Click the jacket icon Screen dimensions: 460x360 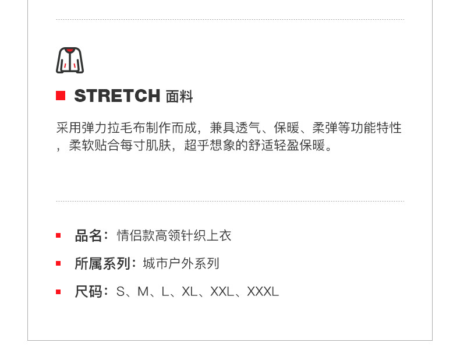coord(70,61)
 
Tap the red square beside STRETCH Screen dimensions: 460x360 coord(61,96)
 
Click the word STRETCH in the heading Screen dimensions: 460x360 coord(117,96)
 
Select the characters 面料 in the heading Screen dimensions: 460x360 coord(179,97)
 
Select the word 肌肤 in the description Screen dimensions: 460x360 coord(159,146)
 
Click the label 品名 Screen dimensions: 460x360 coord(89,235)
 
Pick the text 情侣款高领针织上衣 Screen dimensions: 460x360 coord(174,235)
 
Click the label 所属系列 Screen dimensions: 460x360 coord(102,263)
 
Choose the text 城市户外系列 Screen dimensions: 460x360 coord(181,263)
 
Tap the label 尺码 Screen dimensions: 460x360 coord(89,291)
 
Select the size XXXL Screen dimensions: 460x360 coord(263,291)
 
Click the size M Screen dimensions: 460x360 coord(143,291)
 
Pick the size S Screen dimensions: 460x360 coord(121,291)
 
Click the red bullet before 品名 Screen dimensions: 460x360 coord(58,235)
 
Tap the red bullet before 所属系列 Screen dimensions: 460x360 coord(58,263)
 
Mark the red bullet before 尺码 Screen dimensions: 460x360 coord(58,291)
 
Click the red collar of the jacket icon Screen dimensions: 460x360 coord(70,51)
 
